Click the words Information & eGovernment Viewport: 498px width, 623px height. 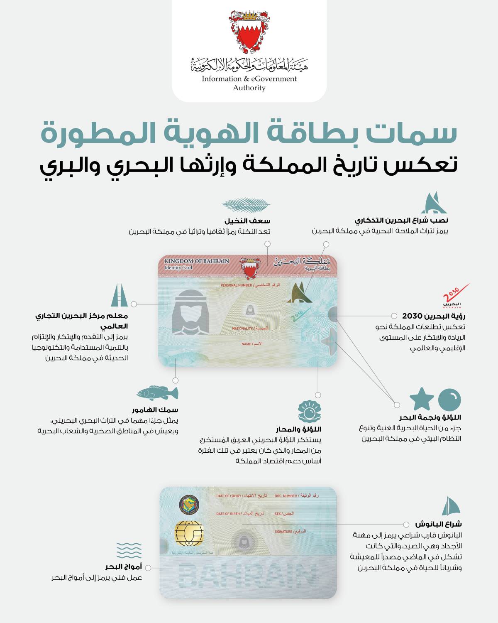pyautogui.click(x=249, y=78)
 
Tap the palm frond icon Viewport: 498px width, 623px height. pyautogui.click(x=246, y=204)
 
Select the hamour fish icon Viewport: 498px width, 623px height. pyautogui.click(x=157, y=393)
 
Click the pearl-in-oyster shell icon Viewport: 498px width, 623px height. pyautogui.click(x=310, y=412)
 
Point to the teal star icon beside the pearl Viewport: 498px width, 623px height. pyautogui.click(x=422, y=399)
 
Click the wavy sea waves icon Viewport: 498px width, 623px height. pyautogui.click(x=129, y=550)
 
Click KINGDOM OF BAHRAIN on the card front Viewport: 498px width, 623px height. pyautogui.click(x=197, y=261)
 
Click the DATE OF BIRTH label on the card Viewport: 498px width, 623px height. pyautogui.click(x=228, y=514)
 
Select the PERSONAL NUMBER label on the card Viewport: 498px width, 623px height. pyautogui.click(x=236, y=285)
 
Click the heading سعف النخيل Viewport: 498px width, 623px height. pyautogui.click(x=248, y=221)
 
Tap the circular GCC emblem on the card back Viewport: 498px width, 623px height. pyautogui.click(x=189, y=505)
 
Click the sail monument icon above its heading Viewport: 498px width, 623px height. pyautogui.click(x=434, y=203)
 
